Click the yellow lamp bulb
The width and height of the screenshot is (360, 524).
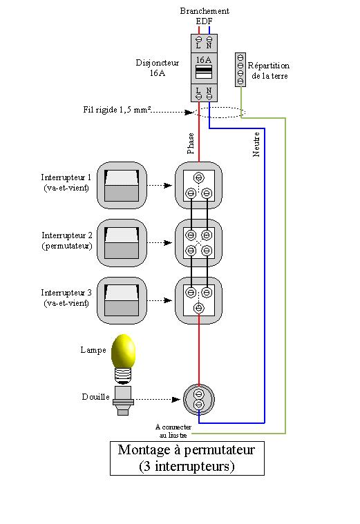click(123, 351)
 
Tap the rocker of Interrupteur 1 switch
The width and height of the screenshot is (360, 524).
click(122, 186)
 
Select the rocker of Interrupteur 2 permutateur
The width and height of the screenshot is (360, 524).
click(122, 243)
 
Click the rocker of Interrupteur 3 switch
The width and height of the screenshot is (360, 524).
click(122, 300)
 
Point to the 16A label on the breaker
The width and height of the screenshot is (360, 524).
click(204, 60)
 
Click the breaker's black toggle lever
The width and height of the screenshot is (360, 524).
click(204, 70)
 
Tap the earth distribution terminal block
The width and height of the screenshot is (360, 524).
click(240, 70)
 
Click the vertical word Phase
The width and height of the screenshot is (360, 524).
click(191, 144)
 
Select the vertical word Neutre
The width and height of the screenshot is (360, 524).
click(256, 144)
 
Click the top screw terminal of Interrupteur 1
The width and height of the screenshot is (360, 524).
click(199, 177)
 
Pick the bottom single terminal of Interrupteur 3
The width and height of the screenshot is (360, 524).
click(199, 308)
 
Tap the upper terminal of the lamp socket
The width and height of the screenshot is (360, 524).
click(199, 394)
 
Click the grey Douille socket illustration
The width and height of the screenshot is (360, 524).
click(123, 400)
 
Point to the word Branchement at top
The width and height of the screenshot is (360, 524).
click(205, 11)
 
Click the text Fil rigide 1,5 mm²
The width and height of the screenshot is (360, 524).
click(117, 110)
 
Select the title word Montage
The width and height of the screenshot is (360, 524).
click(144, 451)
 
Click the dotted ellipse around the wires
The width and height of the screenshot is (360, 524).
click(220, 108)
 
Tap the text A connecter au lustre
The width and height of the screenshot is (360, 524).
click(173, 431)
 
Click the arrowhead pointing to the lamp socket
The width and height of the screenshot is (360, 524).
click(176, 399)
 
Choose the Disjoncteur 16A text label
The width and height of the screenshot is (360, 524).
click(158, 68)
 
